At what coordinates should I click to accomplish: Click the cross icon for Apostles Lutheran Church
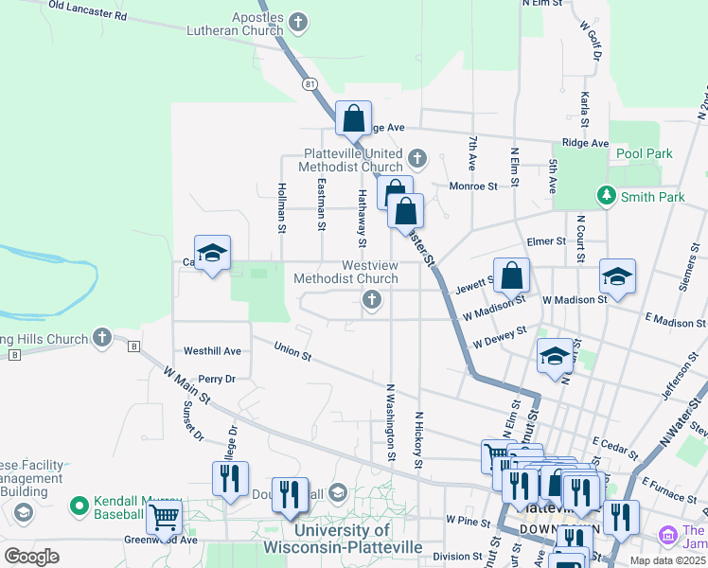pos(298,21)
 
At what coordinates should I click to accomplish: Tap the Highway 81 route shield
pos(310,84)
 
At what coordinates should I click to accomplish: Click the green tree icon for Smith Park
pos(606,195)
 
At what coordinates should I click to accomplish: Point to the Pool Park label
pos(643,153)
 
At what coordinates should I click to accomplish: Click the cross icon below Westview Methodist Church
pos(372,301)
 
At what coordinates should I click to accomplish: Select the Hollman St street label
pos(282,207)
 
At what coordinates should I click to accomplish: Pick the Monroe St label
pos(473,186)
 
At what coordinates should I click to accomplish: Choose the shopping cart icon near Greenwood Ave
pos(164,518)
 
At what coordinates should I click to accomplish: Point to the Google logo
pos(31,556)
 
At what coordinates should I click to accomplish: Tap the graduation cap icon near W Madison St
pos(617,275)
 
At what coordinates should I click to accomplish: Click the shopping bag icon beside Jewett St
pos(511,275)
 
